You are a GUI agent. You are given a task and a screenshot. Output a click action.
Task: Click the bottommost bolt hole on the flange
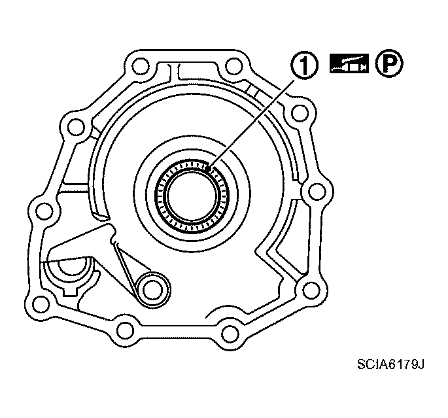coord(229,334)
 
